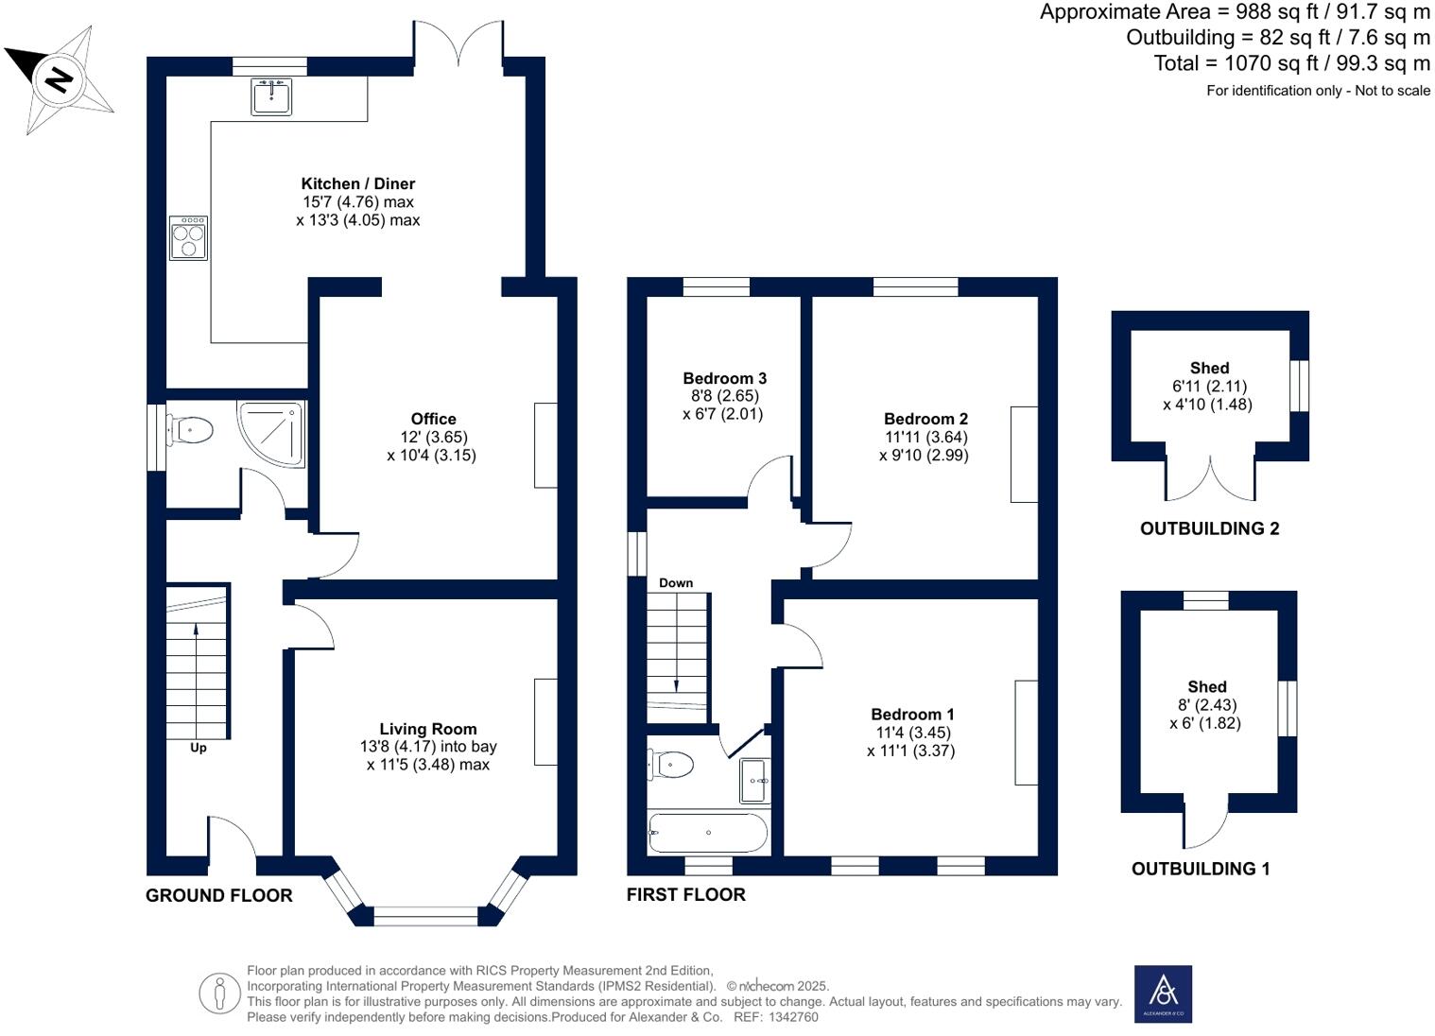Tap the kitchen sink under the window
271,96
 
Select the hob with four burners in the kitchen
188,237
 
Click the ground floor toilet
193,431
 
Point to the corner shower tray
273,434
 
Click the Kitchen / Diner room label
357,183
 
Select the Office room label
433,419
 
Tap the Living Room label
427,729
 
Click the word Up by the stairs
199,748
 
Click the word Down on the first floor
676,583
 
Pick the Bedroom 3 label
724,378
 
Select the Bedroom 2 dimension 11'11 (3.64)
925,437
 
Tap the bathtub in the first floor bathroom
707,833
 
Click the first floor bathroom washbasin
754,780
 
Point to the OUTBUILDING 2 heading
1209,528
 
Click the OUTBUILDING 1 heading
1201,869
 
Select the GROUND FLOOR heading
218,895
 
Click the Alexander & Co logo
1163,993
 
